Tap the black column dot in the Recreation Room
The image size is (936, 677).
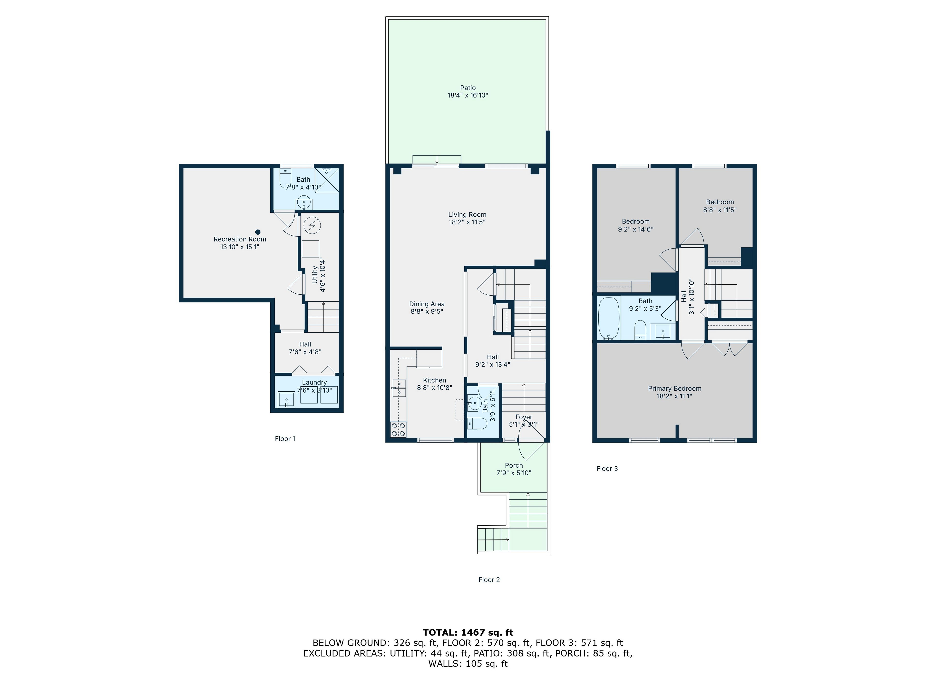(258, 232)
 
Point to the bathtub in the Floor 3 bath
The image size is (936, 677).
(609, 318)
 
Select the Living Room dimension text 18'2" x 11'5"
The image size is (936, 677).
(467, 222)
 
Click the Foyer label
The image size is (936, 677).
(524, 417)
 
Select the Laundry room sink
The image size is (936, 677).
(286, 400)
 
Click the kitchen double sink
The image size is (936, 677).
(399, 388)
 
